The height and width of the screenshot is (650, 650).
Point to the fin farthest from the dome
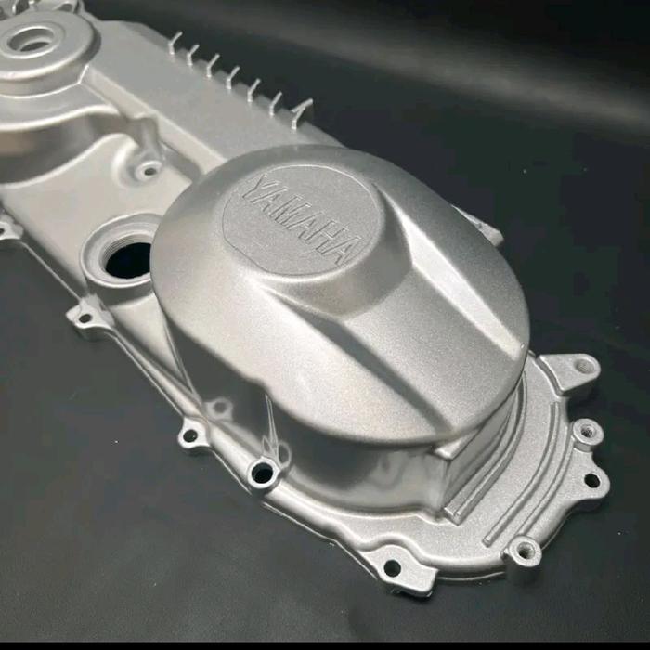tap(175, 43)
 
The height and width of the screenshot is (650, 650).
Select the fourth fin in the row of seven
tap(234, 77)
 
